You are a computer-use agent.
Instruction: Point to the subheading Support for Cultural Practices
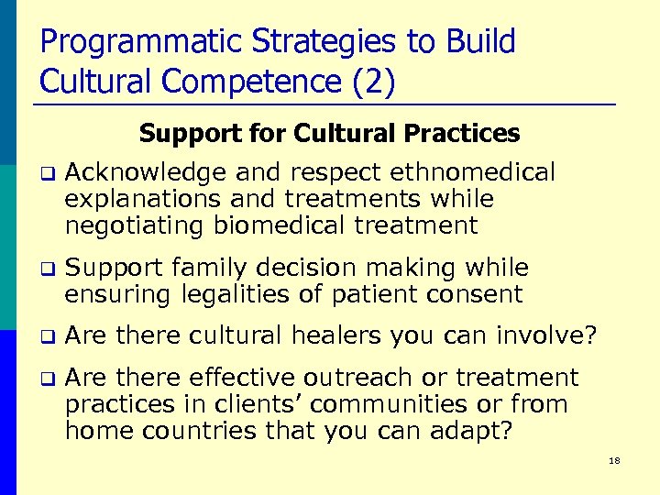329,134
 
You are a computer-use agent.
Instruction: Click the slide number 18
613,460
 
